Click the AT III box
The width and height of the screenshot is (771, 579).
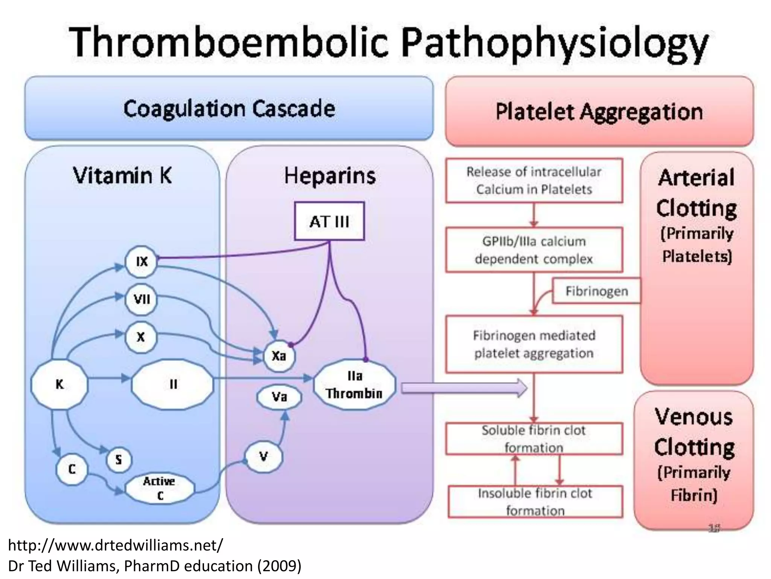[329, 221]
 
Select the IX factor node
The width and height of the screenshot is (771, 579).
[141, 262]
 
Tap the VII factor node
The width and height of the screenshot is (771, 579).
[141, 299]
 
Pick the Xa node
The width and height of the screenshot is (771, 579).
[279, 355]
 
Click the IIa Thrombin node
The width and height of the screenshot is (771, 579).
[354, 384]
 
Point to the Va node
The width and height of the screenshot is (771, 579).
[279, 397]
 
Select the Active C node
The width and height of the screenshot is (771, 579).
[160, 488]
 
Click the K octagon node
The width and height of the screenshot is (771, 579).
[59, 384]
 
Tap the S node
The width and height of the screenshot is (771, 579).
[119, 460]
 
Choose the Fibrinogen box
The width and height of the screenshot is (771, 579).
[596, 291]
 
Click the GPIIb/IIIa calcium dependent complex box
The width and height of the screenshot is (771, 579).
[534, 250]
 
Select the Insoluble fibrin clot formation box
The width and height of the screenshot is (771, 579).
[535, 501]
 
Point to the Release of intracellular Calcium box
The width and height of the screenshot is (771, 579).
[534, 180]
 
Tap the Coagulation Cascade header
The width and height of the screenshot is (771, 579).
[229, 109]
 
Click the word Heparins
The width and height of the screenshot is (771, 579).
[330, 176]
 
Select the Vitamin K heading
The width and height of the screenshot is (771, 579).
[122, 176]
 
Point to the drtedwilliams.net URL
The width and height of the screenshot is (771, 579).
[115, 545]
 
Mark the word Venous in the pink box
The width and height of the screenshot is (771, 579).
[693, 417]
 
